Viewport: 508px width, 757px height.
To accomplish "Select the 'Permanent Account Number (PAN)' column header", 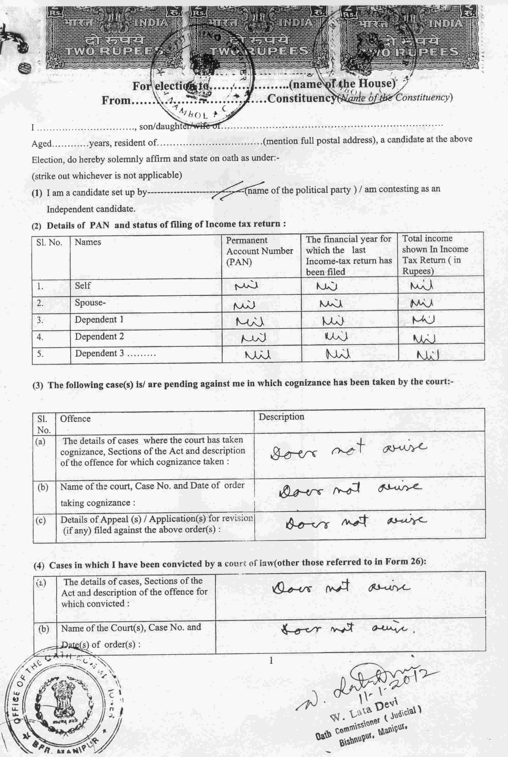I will click(259, 251).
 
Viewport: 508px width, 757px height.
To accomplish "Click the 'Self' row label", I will click(83, 286).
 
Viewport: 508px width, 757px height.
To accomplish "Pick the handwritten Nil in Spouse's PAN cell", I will click(245, 305).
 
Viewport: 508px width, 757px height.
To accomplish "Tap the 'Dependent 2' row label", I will click(99, 337).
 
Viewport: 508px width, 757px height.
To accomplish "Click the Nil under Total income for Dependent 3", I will click(428, 355).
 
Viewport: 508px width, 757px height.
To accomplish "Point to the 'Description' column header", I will click(281, 417).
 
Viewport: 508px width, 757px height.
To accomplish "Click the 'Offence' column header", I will click(75, 419).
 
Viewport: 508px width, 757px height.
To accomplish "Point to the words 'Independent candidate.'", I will click(91, 209).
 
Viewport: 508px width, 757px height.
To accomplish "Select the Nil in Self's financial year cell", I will click(327, 286).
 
